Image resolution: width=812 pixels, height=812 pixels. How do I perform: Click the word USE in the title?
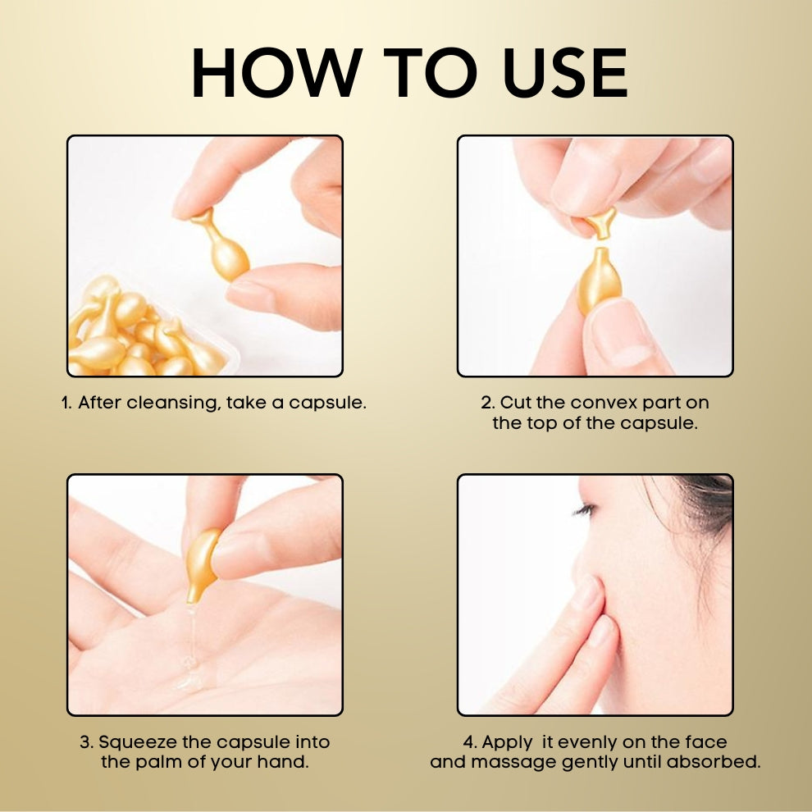[565, 72]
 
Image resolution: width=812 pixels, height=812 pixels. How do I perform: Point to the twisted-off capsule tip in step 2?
[601, 222]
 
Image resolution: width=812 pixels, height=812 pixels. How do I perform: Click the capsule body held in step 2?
[600, 281]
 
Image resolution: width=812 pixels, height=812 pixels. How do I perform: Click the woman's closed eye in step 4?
[584, 510]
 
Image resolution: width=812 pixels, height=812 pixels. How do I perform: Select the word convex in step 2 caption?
[604, 403]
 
